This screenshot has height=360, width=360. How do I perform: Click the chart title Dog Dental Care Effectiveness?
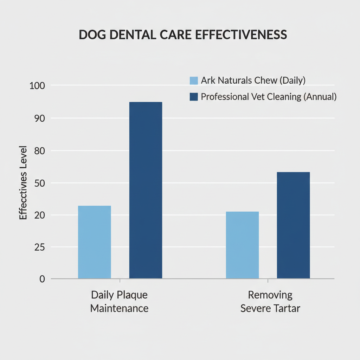click(x=183, y=35)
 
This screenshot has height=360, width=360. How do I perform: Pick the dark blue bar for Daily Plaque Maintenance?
click(x=146, y=190)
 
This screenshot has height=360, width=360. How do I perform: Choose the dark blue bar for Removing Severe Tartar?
click(x=293, y=225)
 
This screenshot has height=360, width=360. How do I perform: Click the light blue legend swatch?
click(x=194, y=81)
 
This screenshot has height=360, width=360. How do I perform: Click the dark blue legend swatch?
click(x=194, y=97)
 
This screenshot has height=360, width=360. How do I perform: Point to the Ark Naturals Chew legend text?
click(x=253, y=80)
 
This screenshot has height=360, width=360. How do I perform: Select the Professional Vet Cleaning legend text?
click(x=269, y=97)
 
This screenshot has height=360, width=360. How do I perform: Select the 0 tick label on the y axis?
click(x=42, y=279)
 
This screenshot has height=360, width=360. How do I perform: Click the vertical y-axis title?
click(x=23, y=182)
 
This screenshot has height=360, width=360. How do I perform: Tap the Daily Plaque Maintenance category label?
click(x=119, y=302)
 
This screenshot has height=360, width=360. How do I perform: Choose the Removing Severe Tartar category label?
click(x=270, y=302)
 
